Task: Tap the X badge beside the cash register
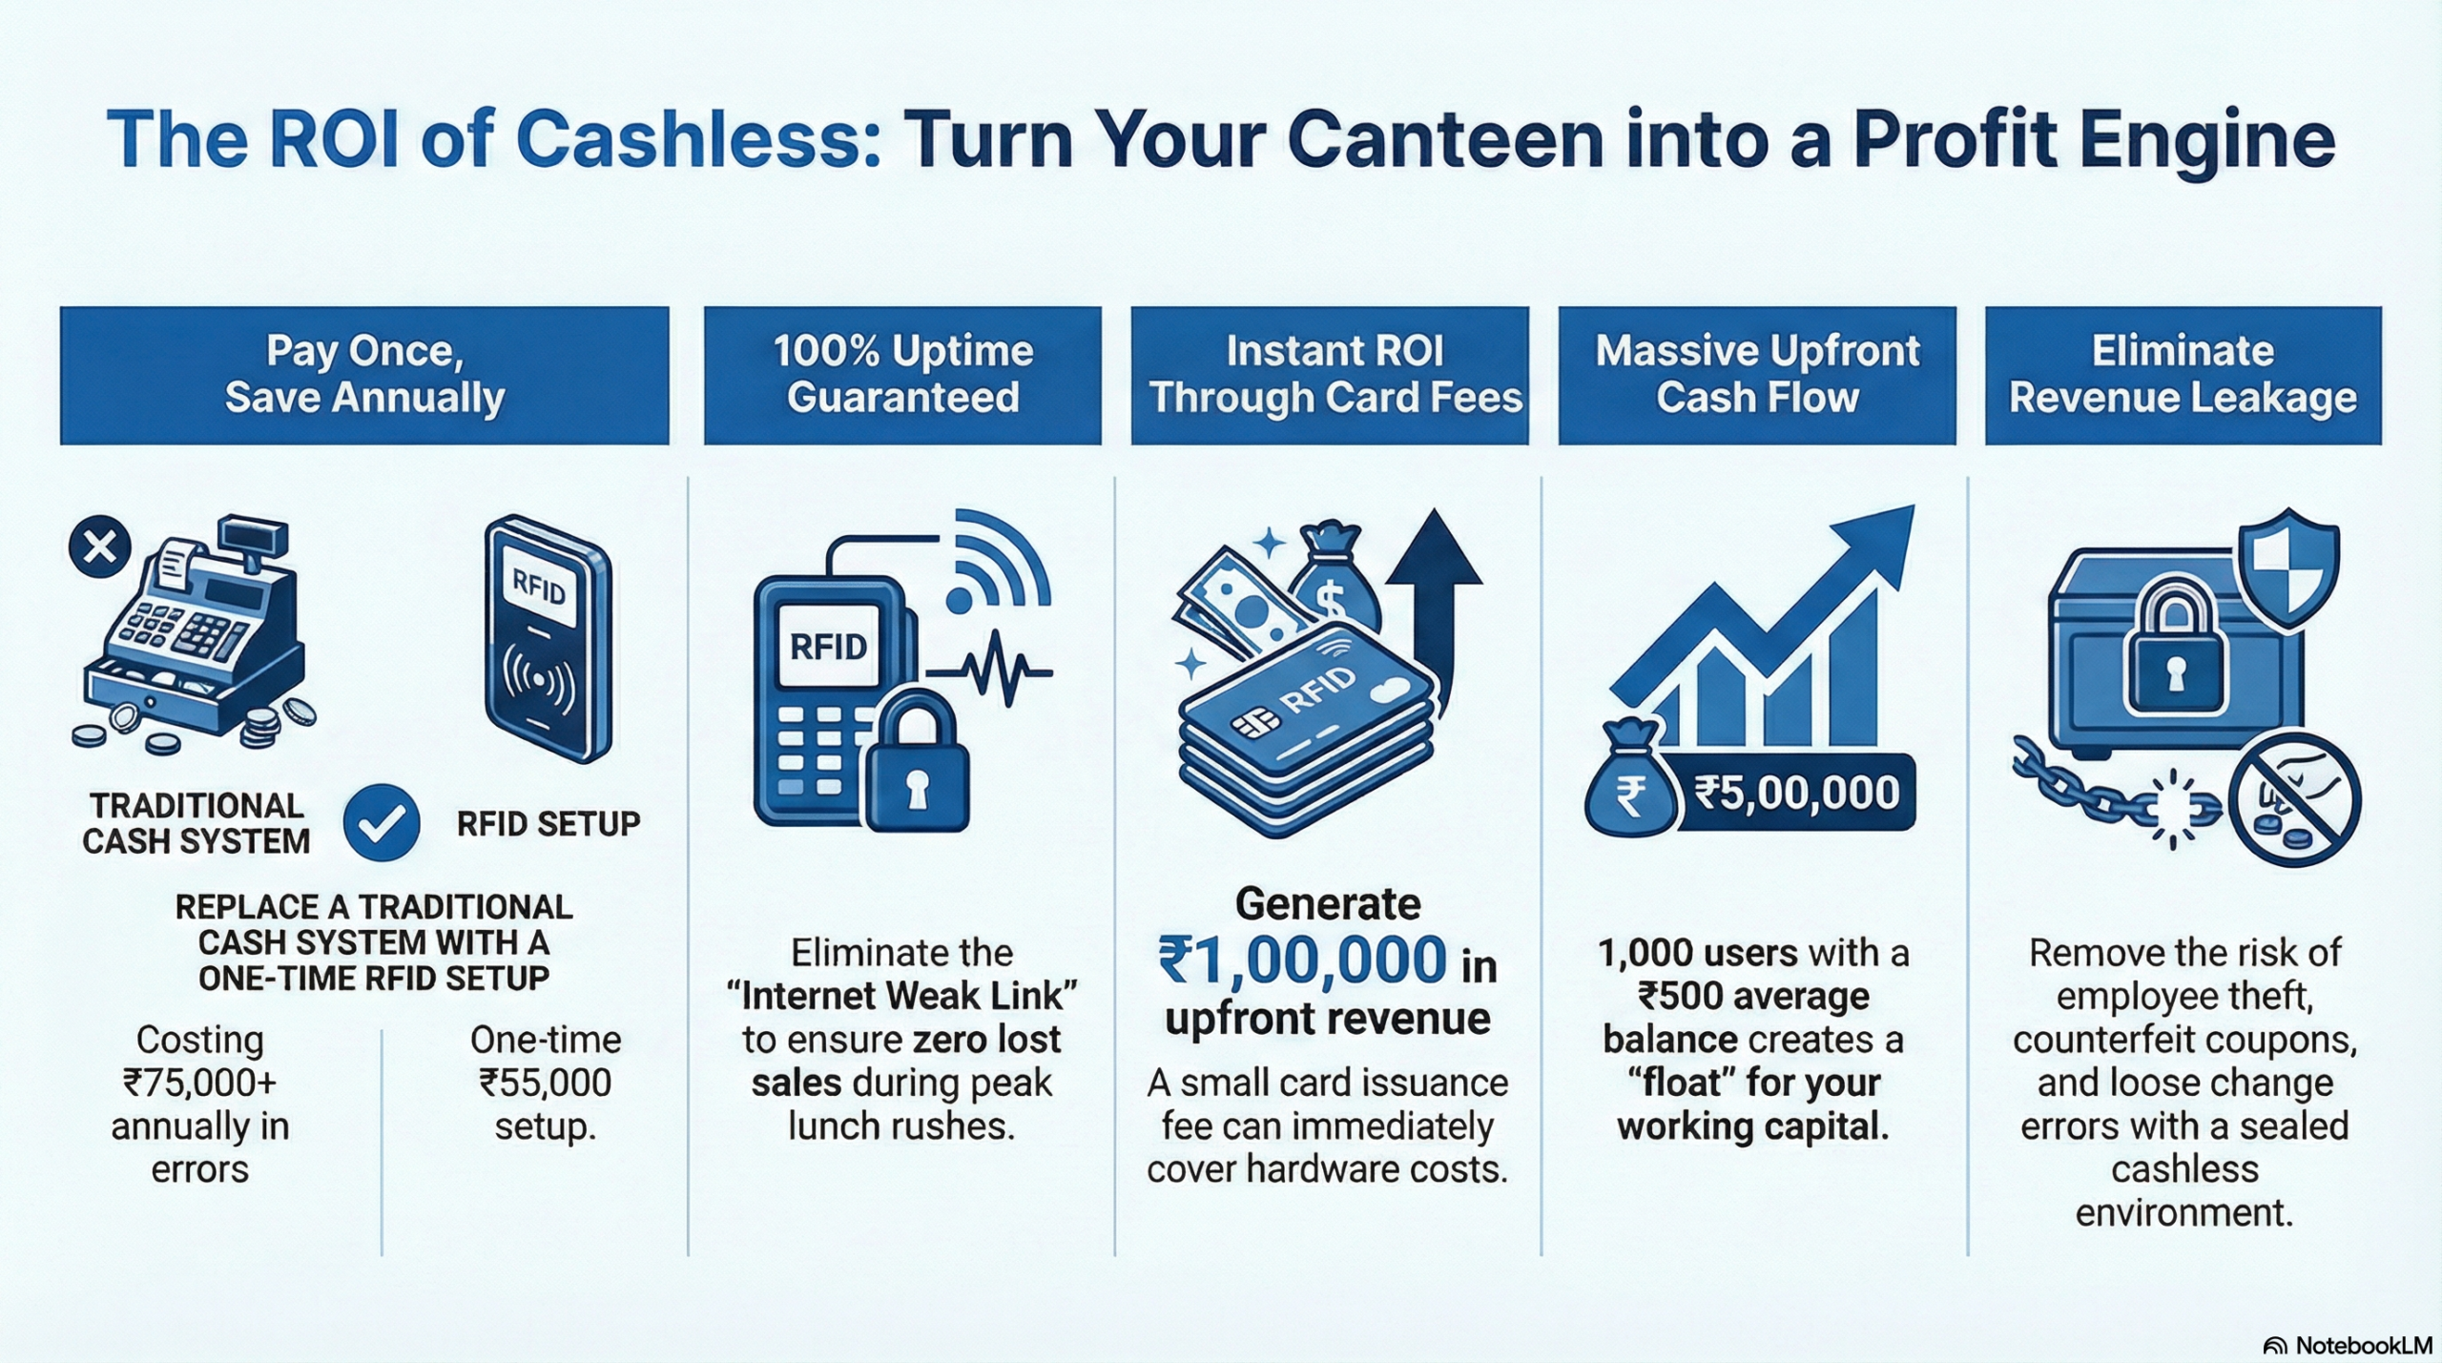[x=99, y=547]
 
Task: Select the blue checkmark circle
[x=382, y=823]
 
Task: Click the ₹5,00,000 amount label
[x=1796, y=794]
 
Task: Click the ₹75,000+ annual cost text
[x=199, y=1083]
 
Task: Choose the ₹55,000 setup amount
[x=545, y=1083]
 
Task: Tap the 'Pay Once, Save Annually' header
[x=364, y=375]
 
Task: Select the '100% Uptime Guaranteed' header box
[x=902, y=375]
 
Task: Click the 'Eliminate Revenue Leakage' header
[x=2183, y=375]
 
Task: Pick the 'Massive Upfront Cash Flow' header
[x=1757, y=375]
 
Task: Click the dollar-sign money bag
[x=1333, y=583]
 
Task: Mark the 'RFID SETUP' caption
[x=548, y=823]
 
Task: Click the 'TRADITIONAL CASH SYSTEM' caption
[x=197, y=823]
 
